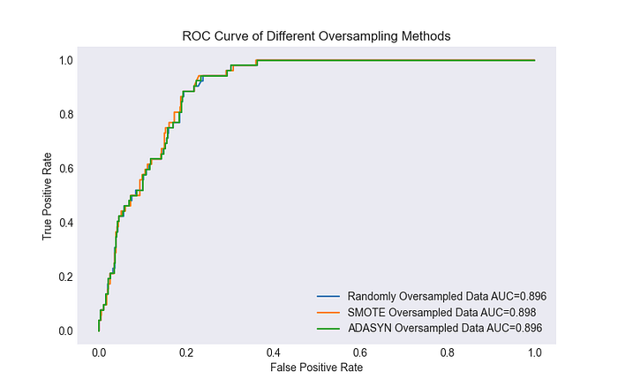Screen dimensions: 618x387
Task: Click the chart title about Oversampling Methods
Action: (x=316, y=36)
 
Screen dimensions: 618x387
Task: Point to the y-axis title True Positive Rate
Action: (x=47, y=196)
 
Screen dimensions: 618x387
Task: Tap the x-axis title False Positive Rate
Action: (x=316, y=368)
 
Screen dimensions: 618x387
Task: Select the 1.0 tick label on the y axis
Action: (x=66, y=60)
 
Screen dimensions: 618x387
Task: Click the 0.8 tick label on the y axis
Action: (x=66, y=114)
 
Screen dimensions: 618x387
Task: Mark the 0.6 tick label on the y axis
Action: (x=66, y=169)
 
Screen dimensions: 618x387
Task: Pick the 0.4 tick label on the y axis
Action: (x=66, y=223)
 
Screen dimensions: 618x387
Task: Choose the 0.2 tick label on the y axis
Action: (x=66, y=277)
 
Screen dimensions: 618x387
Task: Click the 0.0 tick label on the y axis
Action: (x=66, y=330)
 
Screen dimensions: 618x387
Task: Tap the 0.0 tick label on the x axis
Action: (x=99, y=353)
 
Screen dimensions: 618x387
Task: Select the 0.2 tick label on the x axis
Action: (x=186, y=353)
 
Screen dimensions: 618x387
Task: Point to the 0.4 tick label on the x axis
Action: (x=273, y=353)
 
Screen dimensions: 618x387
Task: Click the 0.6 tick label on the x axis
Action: (x=360, y=353)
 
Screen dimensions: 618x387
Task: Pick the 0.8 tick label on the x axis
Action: (x=448, y=353)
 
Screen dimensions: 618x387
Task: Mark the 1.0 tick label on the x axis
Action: (x=535, y=353)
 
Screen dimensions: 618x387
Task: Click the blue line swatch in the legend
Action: (x=328, y=296)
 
